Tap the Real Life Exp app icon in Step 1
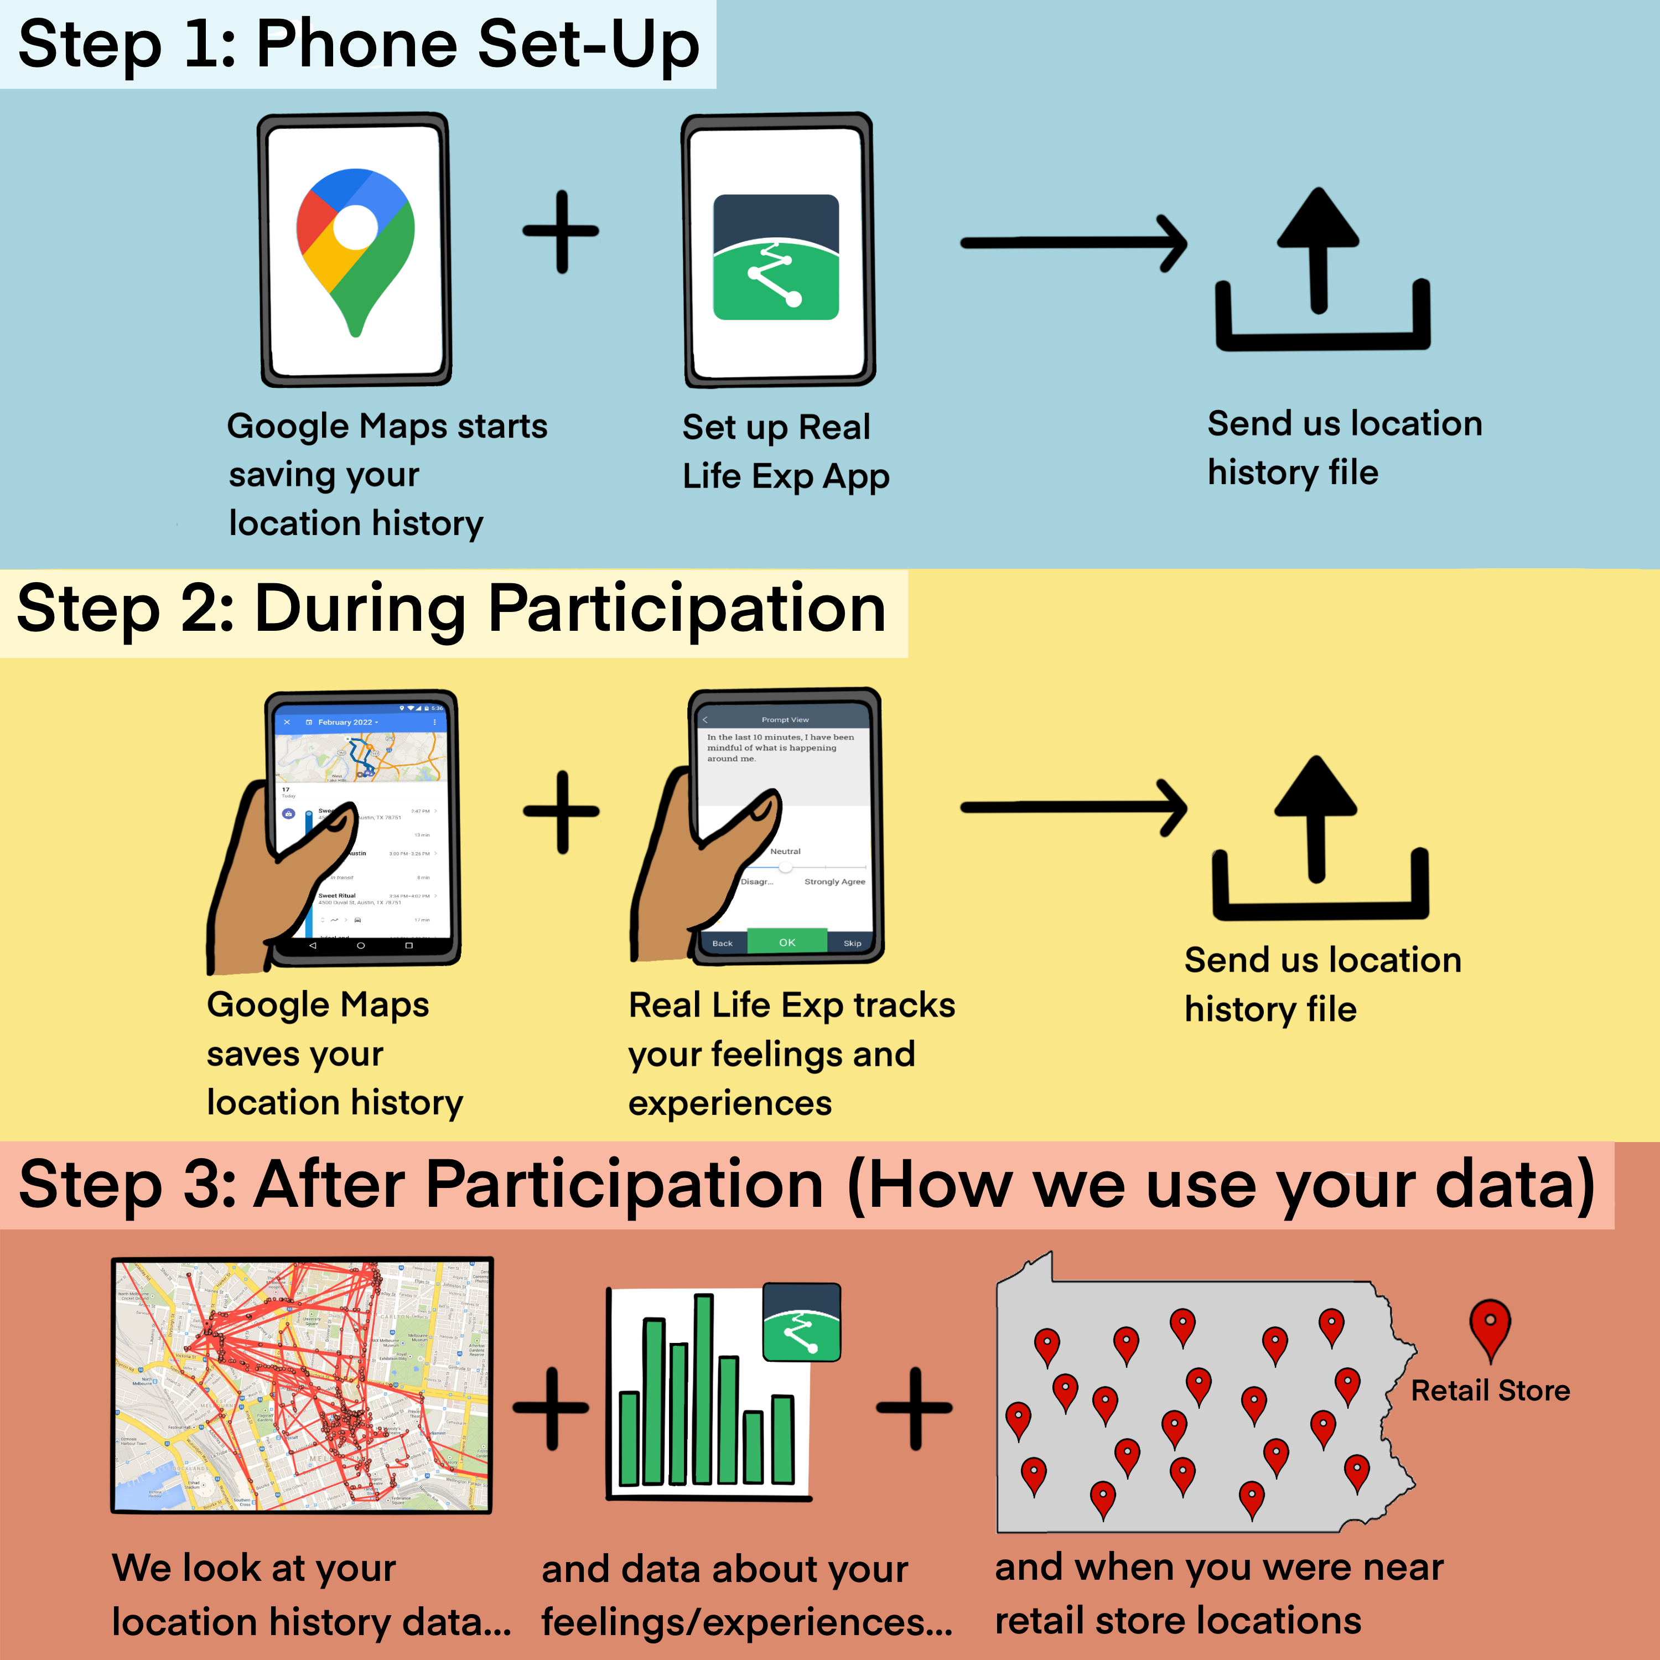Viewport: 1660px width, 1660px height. pyautogui.click(x=776, y=257)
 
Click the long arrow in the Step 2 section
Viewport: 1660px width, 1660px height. pyautogui.click(x=1074, y=808)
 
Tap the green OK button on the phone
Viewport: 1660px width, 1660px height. pyautogui.click(x=787, y=942)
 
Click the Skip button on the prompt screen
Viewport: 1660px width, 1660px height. pyautogui.click(x=852, y=942)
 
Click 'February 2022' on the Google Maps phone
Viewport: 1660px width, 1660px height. pyautogui.click(x=345, y=722)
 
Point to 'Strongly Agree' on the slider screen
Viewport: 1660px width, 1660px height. pyautogui.click(x=834, y=881)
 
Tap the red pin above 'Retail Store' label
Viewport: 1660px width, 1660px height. pyautogui.click(x=1490, y=1329)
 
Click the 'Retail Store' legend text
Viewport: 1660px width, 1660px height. pyautogui.click(x=1490, y=1390)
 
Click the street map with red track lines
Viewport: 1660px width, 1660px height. pyautogui.click(x=303, y=1385)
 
